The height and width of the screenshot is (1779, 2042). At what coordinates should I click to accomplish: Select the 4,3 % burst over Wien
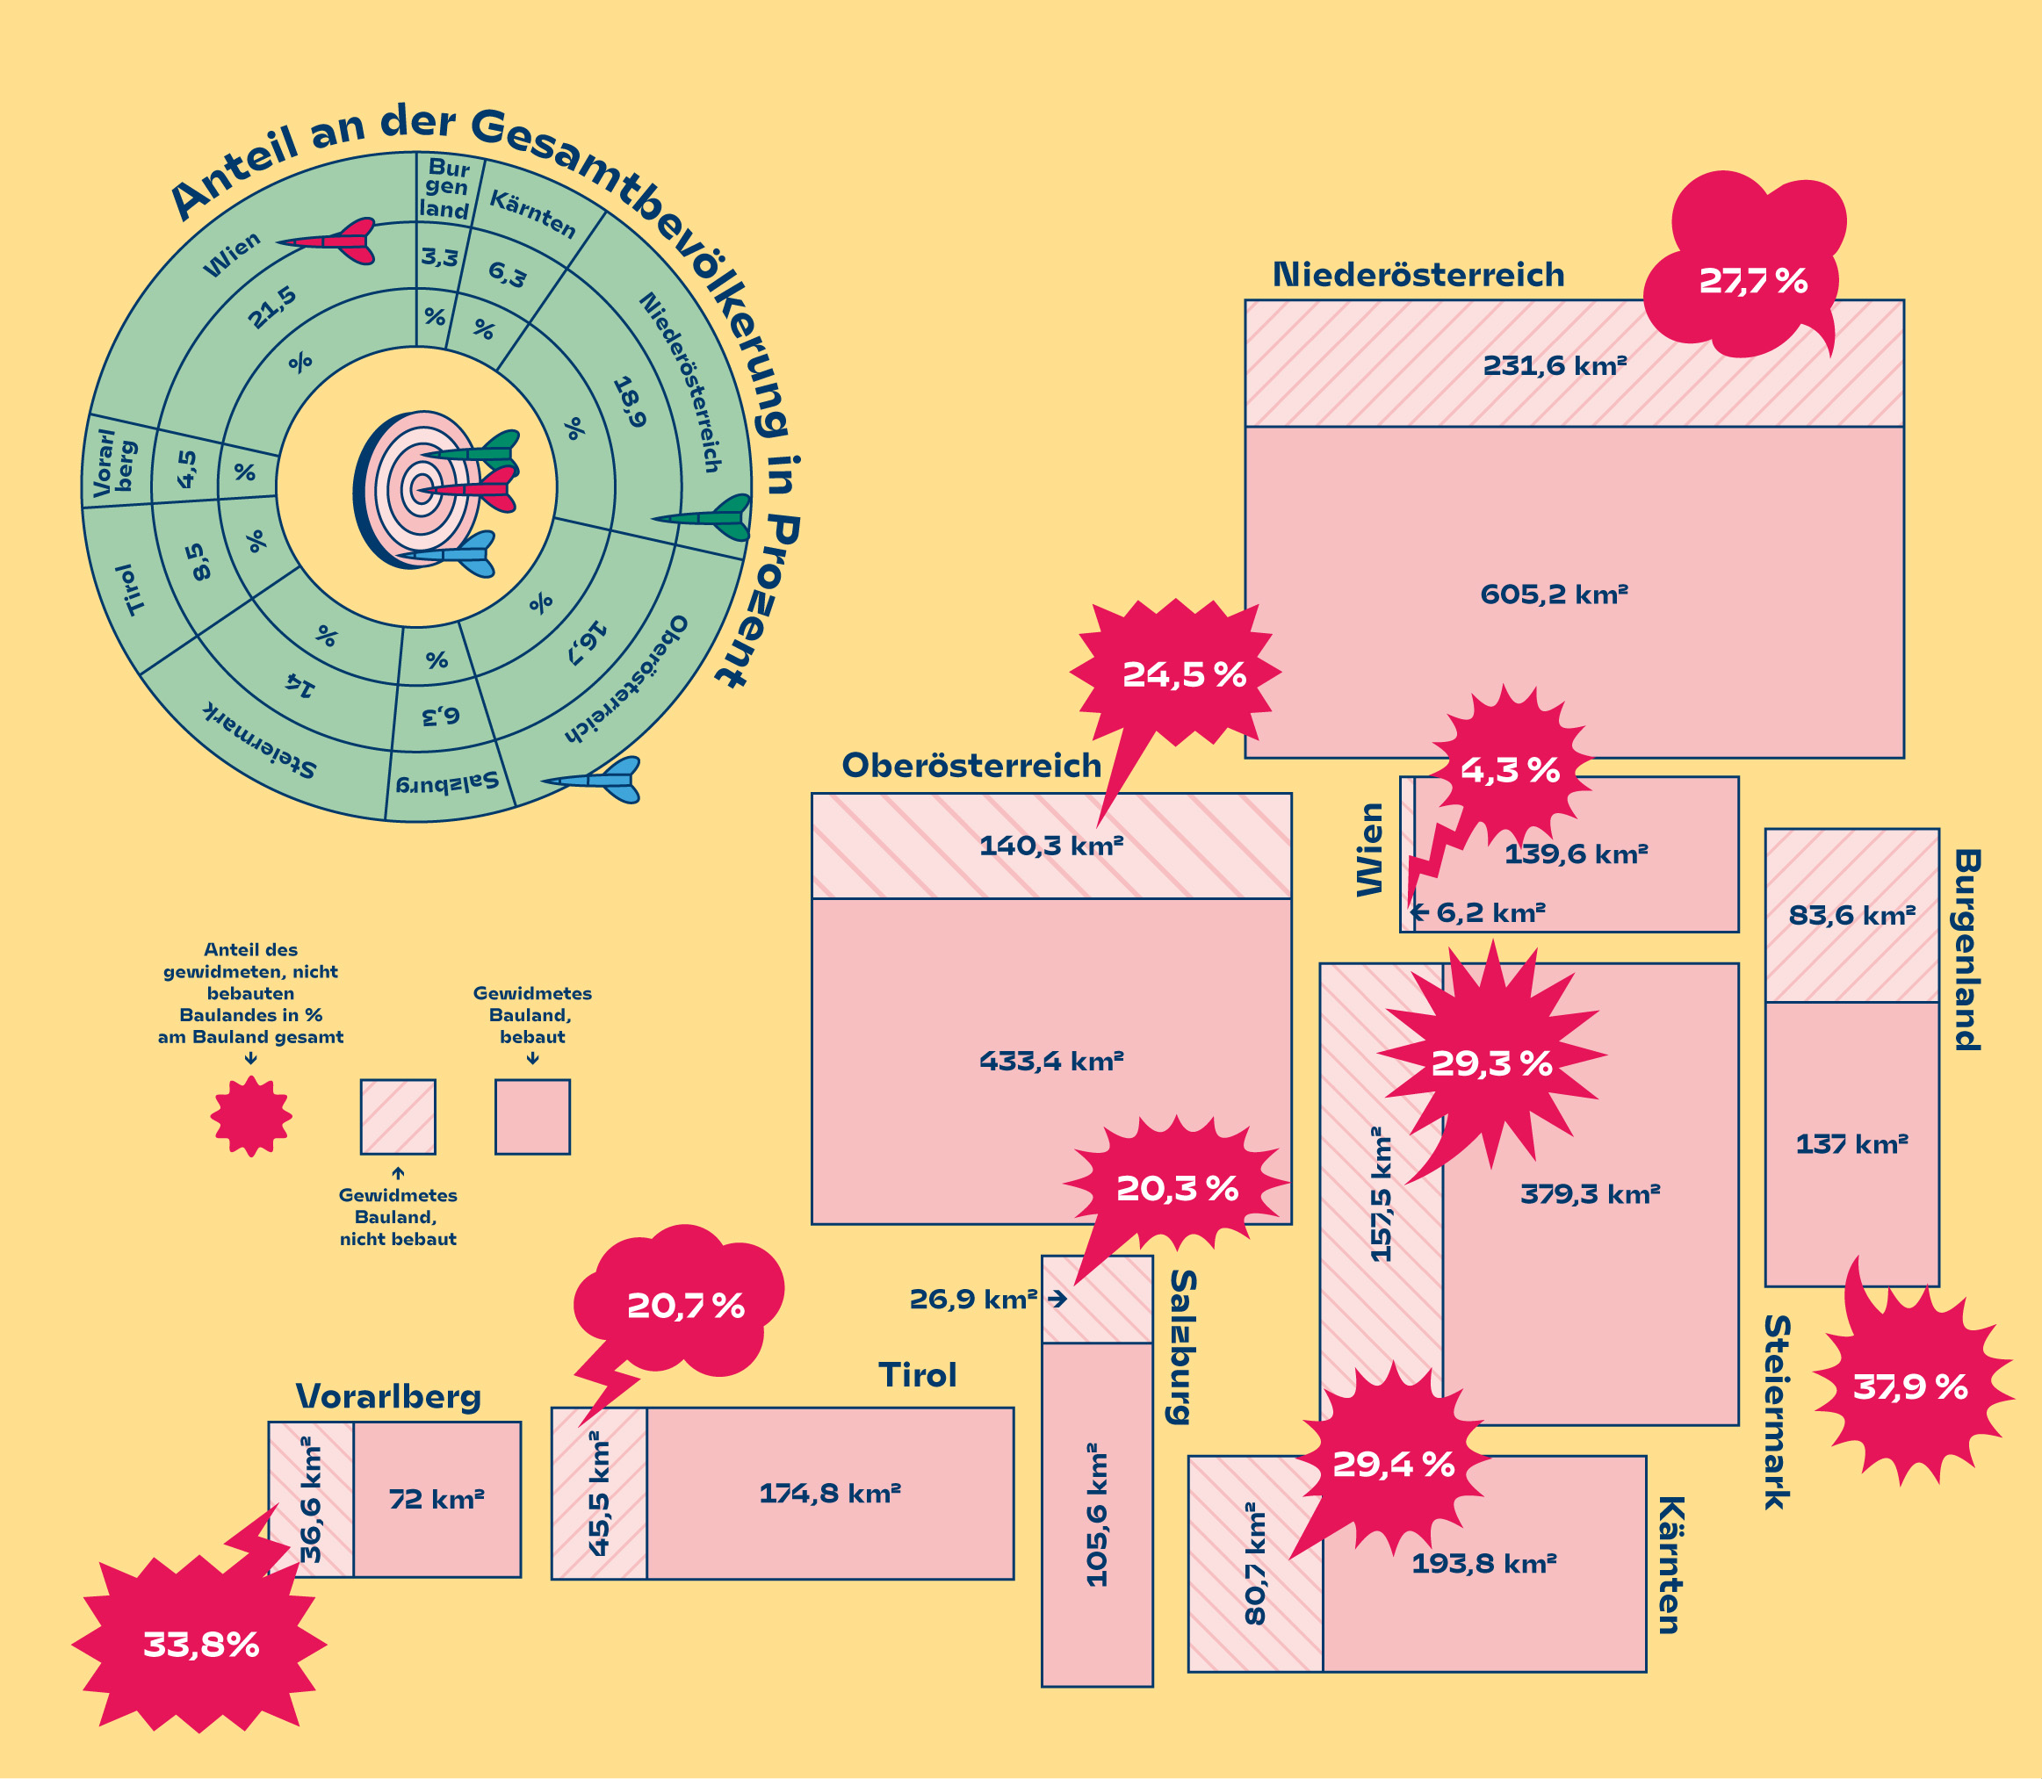(1509, 769)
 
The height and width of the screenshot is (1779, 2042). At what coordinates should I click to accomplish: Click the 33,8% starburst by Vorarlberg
(200, 1645)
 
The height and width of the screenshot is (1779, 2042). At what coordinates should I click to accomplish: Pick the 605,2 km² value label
(1554, 594)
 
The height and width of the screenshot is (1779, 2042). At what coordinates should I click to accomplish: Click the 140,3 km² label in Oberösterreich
(1050, 846)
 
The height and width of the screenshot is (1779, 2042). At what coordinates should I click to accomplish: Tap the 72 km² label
(436, 1498)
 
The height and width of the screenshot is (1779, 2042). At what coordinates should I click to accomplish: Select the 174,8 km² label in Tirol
(829, 1493)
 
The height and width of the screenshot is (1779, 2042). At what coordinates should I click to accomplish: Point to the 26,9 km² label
(973, 1299)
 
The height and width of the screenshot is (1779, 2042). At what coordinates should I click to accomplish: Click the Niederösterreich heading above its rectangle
(1418, 275)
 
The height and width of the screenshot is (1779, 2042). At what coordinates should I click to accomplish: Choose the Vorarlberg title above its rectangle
(388, 1397)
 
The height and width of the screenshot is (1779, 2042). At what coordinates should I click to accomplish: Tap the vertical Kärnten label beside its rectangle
(1670, 1566)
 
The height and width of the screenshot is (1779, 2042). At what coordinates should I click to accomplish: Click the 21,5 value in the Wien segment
(272, 307)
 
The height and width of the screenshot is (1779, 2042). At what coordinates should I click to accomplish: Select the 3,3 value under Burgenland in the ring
(439, 258)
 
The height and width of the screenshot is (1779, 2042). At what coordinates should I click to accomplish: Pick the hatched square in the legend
(397, 1117)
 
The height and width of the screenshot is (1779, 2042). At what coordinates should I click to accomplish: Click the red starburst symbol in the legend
(251, 1116)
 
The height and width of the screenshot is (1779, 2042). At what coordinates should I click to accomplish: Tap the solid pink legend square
(532, 1117)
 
